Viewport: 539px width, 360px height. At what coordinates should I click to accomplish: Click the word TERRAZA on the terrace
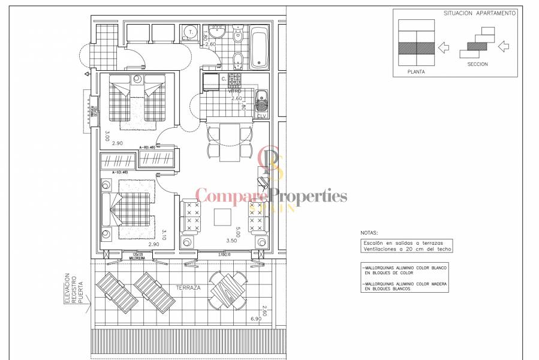pyautogui.click(x=188, y=288)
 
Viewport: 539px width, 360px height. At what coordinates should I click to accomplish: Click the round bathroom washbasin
pyautogui.click(x=213, y=35)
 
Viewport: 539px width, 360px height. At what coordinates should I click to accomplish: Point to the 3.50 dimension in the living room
pyautogui.click(x=231, y=241)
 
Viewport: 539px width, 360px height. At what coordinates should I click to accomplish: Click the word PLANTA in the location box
pyautogui.click(x=416, y=71)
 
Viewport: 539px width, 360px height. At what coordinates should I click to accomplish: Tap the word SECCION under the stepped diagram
pyautogui.click(x=477, y=64)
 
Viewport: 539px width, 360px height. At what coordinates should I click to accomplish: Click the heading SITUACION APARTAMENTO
pyautogui.click(x=478, y=13)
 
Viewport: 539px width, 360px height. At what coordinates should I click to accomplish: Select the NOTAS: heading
pyautogui.click(x=369, y=232)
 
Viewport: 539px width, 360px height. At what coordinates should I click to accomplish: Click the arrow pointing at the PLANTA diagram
pyautogui.click(x=443, y=47)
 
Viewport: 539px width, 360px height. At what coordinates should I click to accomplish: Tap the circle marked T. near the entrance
pyautogui.click(x=191, y=32)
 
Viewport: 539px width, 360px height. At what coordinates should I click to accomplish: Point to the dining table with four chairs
pyautogui.click(x=228, y=142)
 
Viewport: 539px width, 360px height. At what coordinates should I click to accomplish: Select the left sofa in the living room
pyautogui.click(x=191, y=217)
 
